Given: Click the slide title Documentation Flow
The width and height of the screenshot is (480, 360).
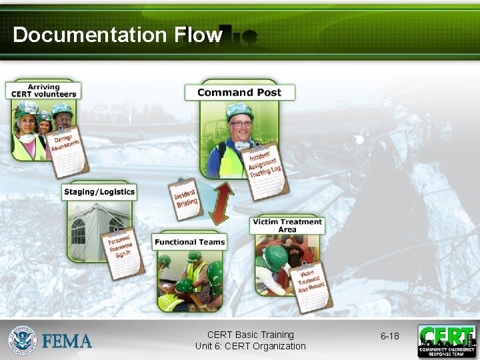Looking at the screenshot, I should pos(117,35).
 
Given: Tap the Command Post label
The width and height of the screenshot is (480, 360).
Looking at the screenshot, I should pos(239,93).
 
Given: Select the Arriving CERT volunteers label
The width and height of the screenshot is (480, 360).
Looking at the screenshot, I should pos(43,91).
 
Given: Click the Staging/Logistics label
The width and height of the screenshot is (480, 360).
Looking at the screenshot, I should pos(99,192).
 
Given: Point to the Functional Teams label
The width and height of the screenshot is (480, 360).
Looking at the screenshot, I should pos(189,241).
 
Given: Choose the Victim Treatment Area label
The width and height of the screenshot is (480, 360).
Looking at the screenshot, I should pos(287,225).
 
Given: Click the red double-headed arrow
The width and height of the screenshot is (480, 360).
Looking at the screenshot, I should pos(221,203).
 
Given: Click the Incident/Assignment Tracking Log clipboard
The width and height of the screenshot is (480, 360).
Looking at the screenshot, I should pos(265,168).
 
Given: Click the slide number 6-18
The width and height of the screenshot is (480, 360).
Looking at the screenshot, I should pos(390,336).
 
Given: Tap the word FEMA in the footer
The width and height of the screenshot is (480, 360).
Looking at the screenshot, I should pos(67,341).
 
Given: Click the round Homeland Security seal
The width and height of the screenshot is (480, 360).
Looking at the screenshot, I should pos(23,341).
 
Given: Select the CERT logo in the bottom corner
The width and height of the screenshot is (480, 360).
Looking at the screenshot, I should pos(447,341).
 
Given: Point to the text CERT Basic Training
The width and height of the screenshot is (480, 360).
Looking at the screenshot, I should pos(251,335).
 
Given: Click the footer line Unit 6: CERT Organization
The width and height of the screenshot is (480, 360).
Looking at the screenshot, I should pos(251,346).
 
